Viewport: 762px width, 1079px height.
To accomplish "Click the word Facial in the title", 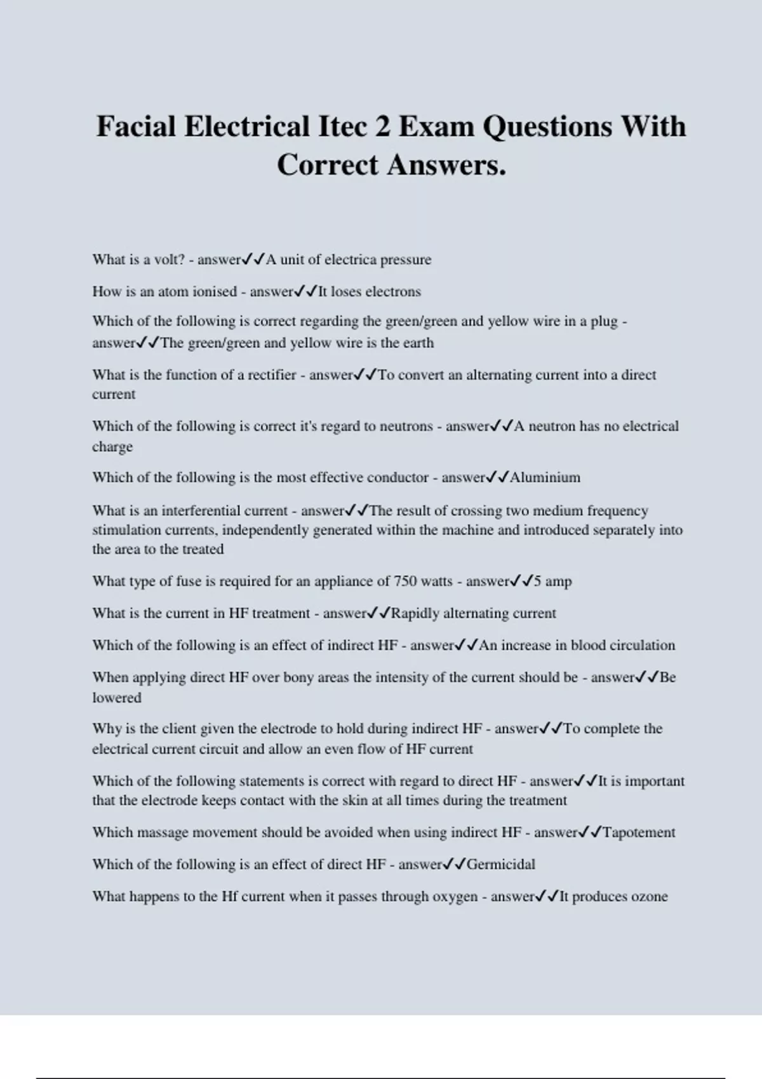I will coord(135,126).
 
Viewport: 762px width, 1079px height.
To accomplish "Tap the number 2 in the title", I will coord(382,126).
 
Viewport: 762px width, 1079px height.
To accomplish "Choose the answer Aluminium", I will coord(545,477).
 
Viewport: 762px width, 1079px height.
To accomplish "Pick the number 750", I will coord(406,581).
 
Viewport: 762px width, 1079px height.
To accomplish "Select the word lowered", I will coord(117,698).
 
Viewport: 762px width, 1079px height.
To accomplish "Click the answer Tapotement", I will coord(638,833).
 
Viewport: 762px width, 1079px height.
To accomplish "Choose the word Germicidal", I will coord(501,864).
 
